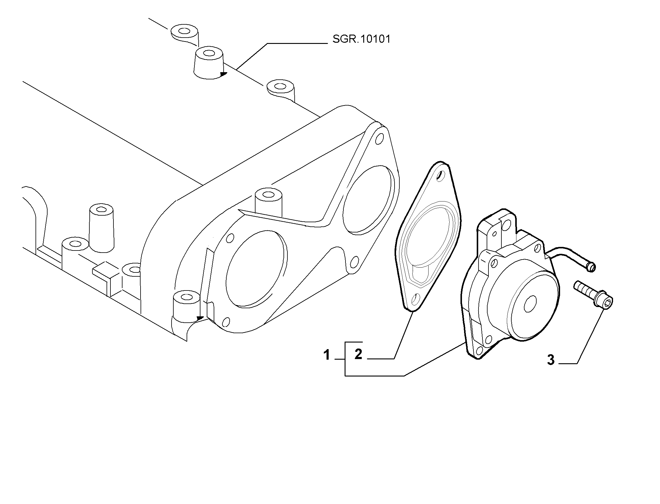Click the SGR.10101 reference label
(x=361, y=39)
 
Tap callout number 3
(x=550, y=360)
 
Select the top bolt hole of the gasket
(x=440, y=176)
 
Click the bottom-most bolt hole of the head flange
(x=225, y=322)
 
